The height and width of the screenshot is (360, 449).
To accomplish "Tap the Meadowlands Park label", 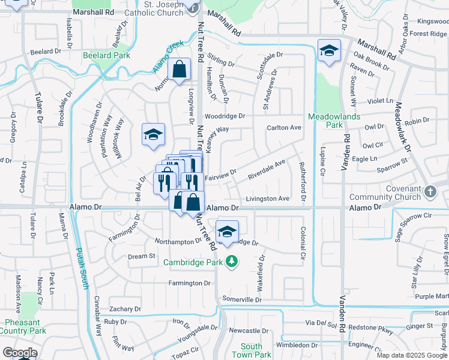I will coord(325,121).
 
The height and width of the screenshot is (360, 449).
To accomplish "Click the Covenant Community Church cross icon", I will coord(429,192).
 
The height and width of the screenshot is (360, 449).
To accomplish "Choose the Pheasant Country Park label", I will coord(22,326).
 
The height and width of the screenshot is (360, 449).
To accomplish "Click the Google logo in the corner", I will coord(19,353).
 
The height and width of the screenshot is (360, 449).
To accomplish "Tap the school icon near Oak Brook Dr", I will coord(329,52).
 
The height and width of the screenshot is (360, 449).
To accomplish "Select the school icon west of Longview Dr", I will coord(153,135).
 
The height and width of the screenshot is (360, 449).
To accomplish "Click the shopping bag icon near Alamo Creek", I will coord(179,70).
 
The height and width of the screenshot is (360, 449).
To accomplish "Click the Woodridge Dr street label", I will coord(225,116).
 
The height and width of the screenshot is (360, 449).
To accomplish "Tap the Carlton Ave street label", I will coord(284,128).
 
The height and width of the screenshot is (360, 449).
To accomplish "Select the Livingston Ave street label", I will coord(268,199).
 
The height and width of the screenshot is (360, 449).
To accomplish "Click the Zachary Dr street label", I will coord(124,309).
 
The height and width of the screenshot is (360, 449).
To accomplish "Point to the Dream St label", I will coord(142,256).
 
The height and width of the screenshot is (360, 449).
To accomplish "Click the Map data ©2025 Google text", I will coord(411,355).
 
